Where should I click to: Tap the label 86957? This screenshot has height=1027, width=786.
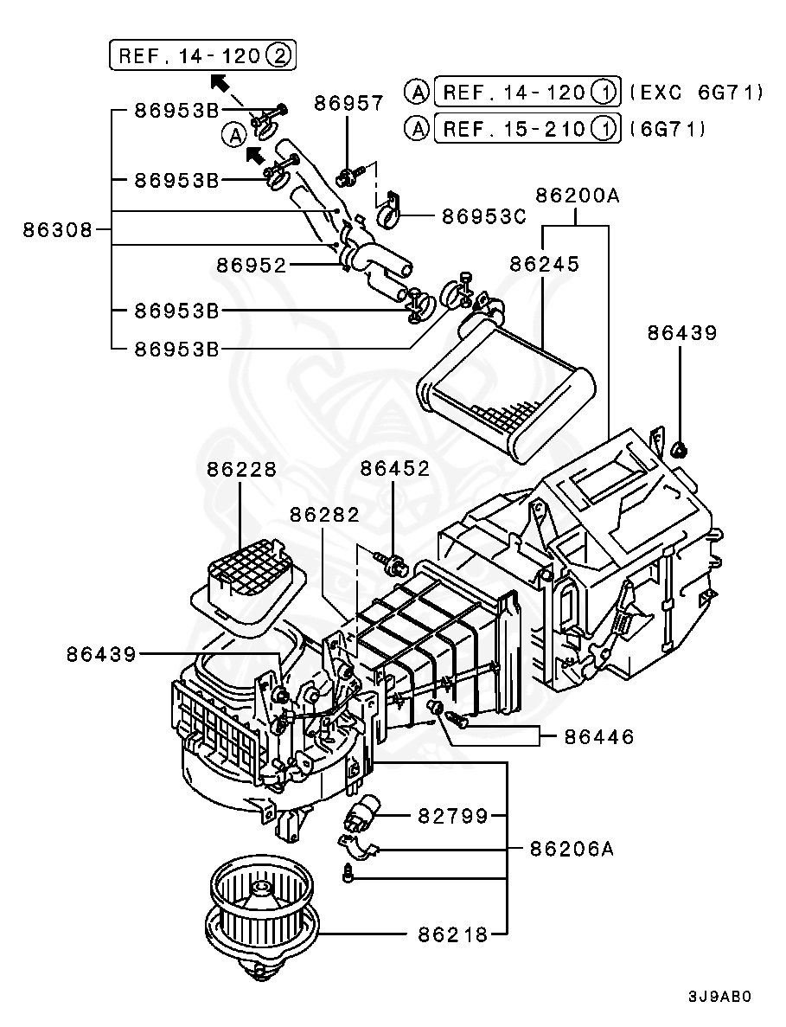coord(348,103)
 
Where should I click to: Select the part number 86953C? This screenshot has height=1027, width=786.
coord(483,216)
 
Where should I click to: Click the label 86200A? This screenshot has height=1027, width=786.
coord(577,196)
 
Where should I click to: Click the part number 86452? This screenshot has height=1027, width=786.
coord(394,469)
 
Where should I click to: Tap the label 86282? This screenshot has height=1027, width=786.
coord(324,514)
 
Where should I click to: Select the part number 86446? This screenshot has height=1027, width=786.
coord(599,737)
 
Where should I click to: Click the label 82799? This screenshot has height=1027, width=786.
coord(453,815)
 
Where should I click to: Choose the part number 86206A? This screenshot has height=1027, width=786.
coord(572,849)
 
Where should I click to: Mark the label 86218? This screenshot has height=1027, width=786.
coord(453,934)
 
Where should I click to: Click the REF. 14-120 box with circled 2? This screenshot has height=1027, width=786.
coord(203,56)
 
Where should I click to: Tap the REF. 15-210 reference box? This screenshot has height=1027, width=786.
coord(527,129)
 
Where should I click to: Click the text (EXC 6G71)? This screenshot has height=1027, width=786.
coord(696,91)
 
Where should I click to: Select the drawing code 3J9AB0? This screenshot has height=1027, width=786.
coord(719,996)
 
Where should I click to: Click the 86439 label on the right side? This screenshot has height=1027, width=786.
coord(682,332)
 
